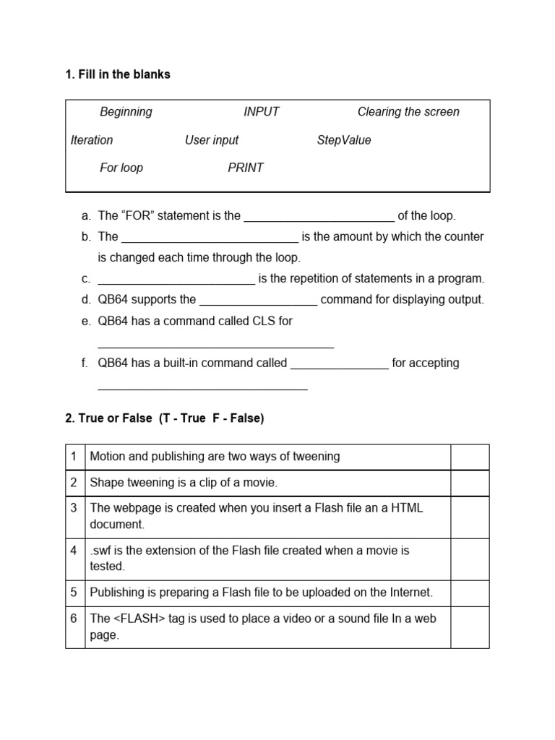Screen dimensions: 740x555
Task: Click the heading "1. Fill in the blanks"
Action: [x=118, y=74]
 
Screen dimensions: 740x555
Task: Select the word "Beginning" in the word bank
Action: [x=126, y=112]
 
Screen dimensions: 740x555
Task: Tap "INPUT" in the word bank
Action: [x=261, y=112]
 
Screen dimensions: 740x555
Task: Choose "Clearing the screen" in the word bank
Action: [x=408, y=112]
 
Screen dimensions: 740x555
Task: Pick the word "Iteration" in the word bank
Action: [x=92, y=140]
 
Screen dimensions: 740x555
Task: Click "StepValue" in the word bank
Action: [x=344, y=140]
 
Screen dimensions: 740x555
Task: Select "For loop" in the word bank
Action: [x=121, y=168]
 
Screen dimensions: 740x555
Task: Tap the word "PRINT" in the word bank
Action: [x=246, y=168]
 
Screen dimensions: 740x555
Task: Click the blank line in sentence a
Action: [x=319, y=217]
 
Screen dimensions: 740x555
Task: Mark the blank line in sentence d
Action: [x=258, y=301]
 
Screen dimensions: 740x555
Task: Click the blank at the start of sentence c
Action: [x=176, y=280]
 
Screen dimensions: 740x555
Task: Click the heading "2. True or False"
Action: [x=165, y=418]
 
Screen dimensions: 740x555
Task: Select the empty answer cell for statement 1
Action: [x=470, y=457]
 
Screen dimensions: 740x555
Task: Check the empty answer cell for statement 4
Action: [x=470, y=558]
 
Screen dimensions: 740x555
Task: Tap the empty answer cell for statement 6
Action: [x=470, y=627]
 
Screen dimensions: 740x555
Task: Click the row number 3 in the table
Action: [x=74, y=508]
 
